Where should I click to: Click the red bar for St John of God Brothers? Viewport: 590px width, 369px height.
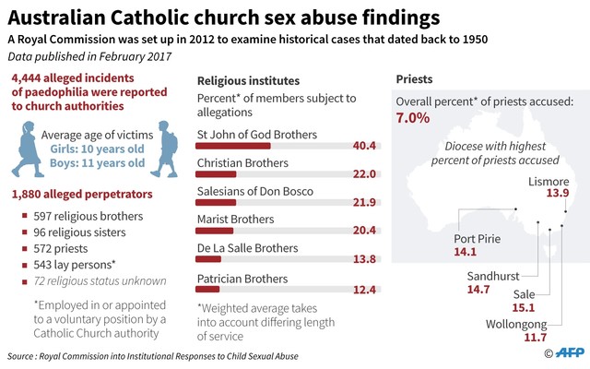click(x=234, y=146)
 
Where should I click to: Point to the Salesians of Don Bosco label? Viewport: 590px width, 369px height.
click(x=255, y=191)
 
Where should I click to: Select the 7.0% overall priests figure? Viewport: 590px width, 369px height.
click(x=413, y=118)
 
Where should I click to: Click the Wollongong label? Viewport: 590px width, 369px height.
click(x=516, y=324)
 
